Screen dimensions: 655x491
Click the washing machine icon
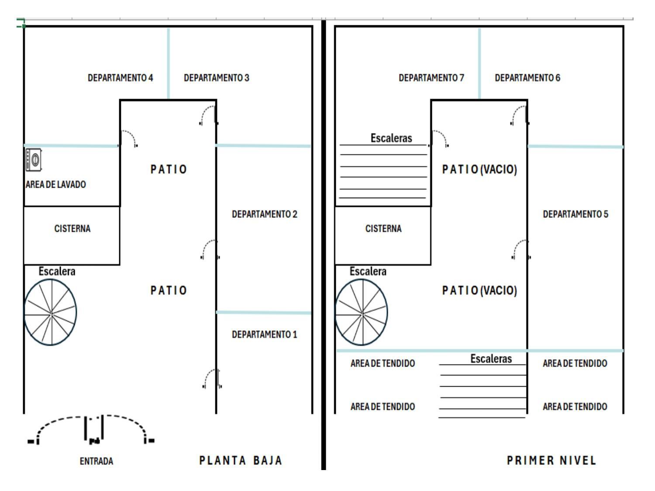coord(34,160)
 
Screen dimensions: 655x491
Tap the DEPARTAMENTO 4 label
coord(120,78)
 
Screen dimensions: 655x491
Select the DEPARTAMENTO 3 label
coord(216,78)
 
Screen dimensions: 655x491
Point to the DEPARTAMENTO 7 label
coord(431,78)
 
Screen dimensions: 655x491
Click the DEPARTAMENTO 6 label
coord(527,78)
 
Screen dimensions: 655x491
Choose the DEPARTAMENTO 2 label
coord(265,214)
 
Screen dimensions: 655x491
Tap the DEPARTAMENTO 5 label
coord(576,214)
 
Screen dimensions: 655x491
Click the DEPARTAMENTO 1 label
coord(265,334)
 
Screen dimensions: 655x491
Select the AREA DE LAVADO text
coord(56,185)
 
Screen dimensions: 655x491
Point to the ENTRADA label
coord(97,461)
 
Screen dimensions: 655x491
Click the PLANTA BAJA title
coord(241,460)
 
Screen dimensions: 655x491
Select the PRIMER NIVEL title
coord(552,460)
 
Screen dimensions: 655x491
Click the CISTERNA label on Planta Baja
coord(72,229)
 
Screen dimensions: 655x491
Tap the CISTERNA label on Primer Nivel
coord(383,229)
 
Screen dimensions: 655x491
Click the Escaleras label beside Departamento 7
coord(391,138)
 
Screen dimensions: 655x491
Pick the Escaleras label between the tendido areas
coord(491,359)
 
